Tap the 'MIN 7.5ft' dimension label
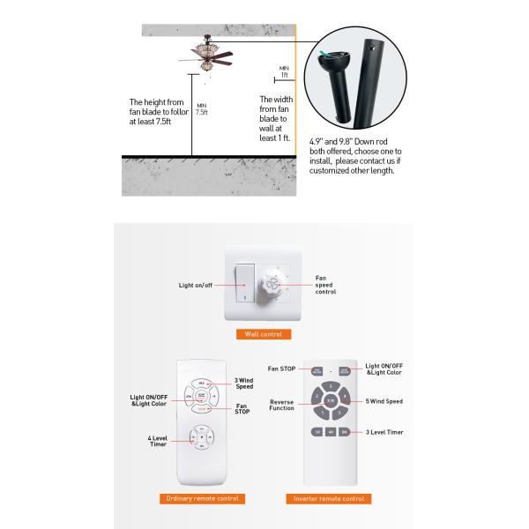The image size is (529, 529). tap(202, 109)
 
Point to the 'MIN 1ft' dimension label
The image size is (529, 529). tap(284, 71)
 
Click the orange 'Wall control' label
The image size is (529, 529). tap(264, 335)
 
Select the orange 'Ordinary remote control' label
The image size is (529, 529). tap(204, 498)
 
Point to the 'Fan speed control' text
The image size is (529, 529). tap(325, 284)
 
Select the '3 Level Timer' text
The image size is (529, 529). tap(384, 432)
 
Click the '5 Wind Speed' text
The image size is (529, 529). tap(384, 401)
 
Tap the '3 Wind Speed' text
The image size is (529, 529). tap(244, 384)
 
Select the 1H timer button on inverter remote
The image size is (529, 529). tap(317, 432)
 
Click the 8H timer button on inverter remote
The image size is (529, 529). tap(346, 432)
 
